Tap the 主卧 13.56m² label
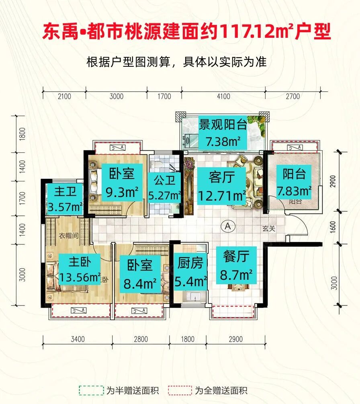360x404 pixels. tap(79, 270)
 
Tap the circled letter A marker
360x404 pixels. tap(228, 226)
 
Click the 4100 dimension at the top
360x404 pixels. tap(223, 96)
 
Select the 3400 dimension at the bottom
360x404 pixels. tap(78, 339)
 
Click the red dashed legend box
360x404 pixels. tap(180, 390)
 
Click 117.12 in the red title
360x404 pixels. tap(242, 32)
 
